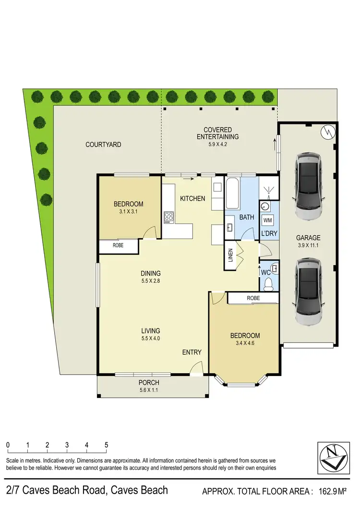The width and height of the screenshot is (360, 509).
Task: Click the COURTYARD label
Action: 103,144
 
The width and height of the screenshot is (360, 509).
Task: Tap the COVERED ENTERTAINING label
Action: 217,133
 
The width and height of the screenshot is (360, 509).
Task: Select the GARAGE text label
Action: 308,237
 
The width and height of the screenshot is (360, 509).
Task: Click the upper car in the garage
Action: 308,185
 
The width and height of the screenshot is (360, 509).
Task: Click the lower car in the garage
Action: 308,291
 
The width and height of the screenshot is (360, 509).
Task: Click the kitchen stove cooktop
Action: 168,217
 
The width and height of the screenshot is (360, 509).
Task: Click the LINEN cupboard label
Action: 230,256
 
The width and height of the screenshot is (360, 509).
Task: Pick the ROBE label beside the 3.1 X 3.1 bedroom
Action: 118,245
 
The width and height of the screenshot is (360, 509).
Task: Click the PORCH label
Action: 149,383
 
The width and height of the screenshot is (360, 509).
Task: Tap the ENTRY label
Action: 192,352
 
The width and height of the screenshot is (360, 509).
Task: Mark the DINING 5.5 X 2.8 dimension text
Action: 151,281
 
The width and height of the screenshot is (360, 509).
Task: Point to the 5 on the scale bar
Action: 106,445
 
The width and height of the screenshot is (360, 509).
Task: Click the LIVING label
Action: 151,331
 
